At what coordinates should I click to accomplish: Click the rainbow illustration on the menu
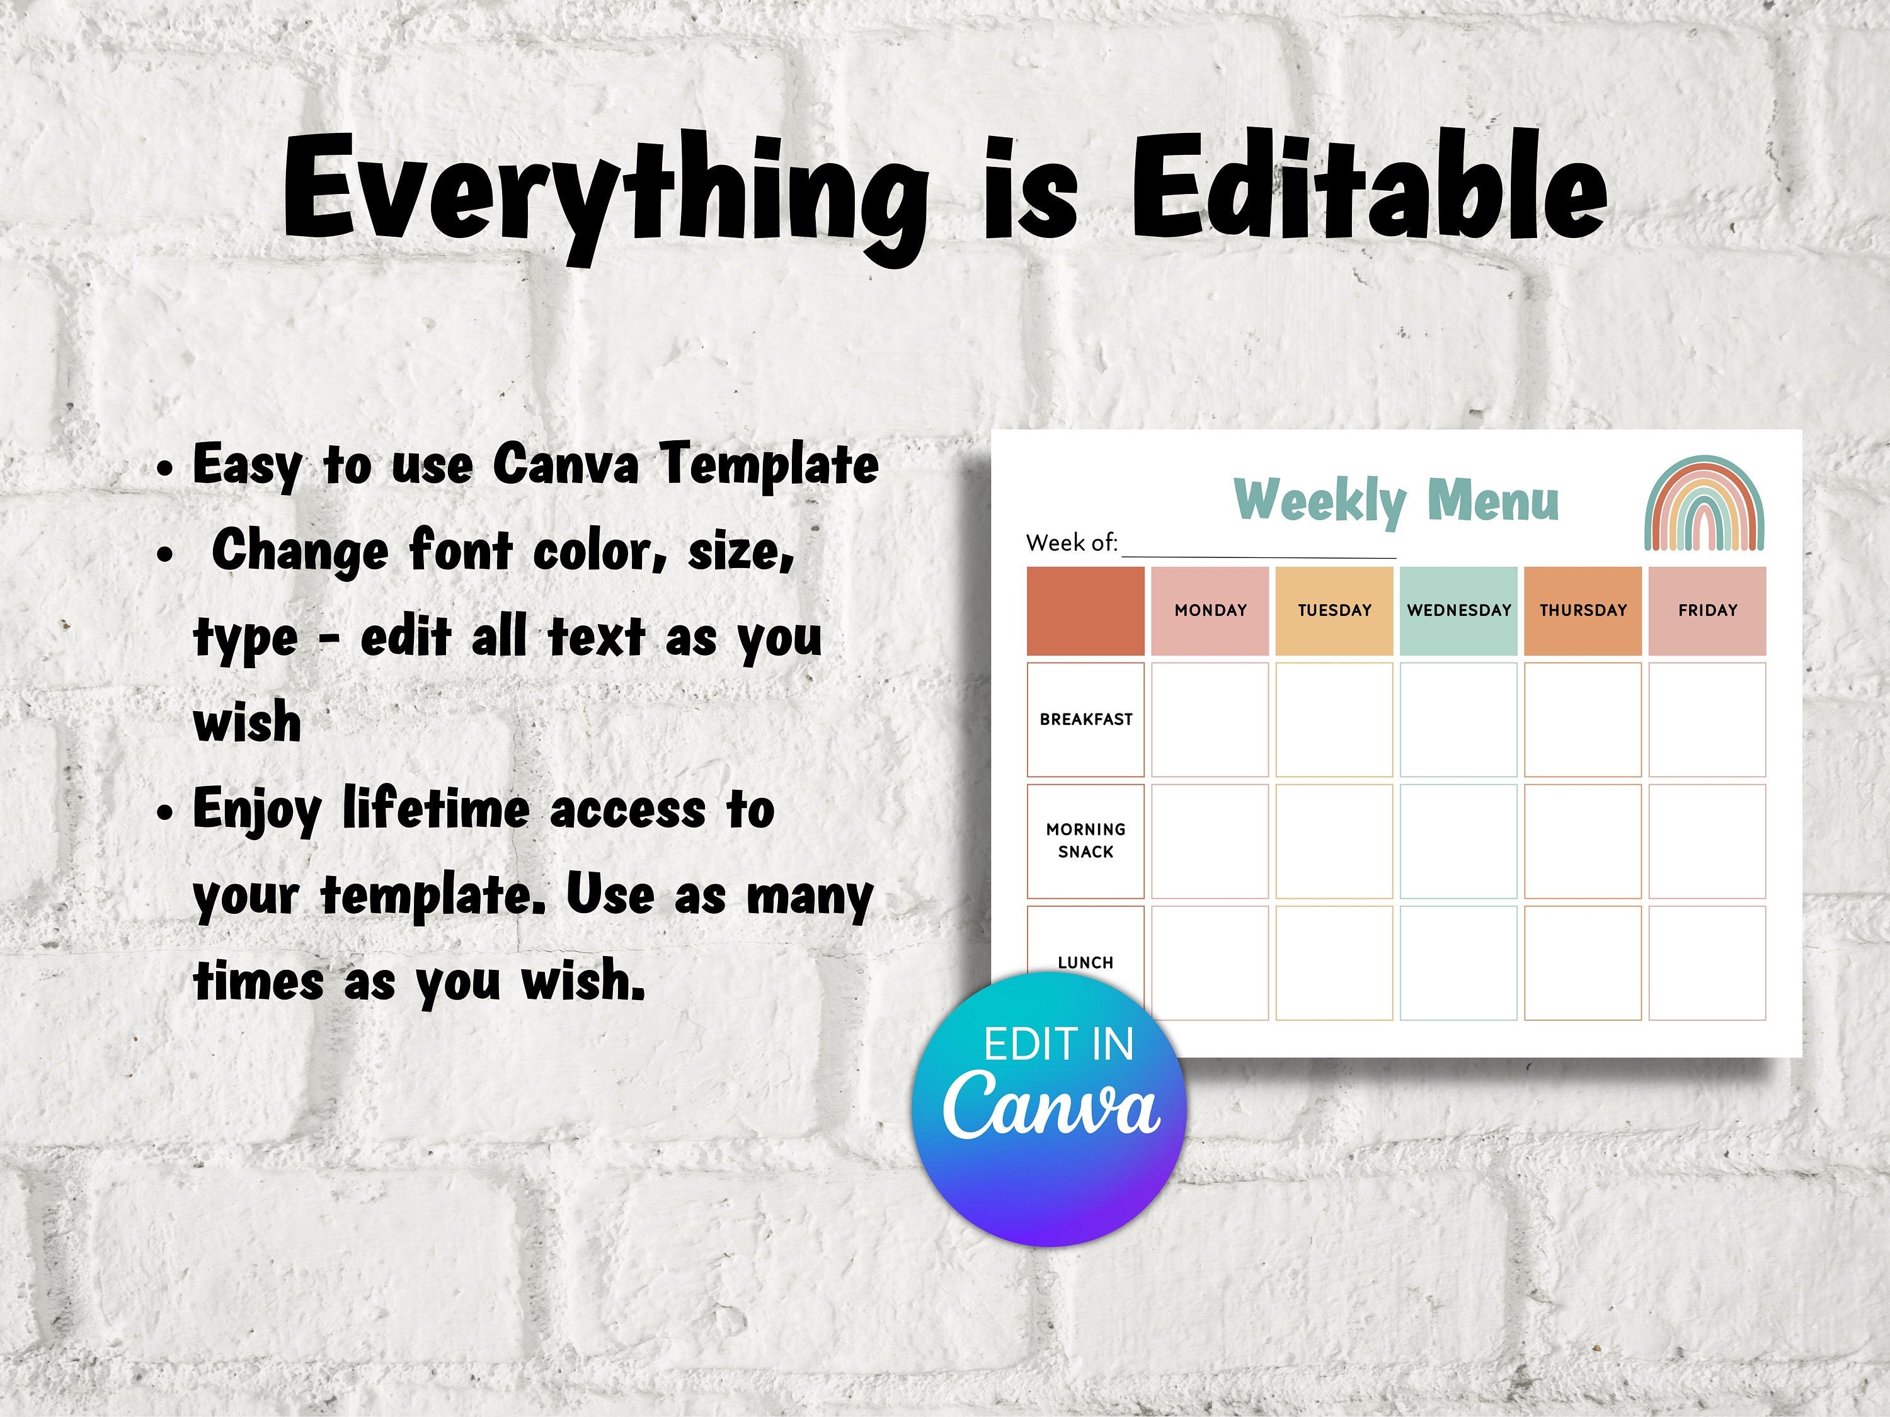pos(1705,503)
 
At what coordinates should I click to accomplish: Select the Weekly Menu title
pos(1396,501)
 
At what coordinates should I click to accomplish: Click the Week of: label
pos(1072,542)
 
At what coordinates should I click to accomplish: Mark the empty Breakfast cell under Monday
pos(1210,720)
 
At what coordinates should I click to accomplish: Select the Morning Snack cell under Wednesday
pos(1458,841)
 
